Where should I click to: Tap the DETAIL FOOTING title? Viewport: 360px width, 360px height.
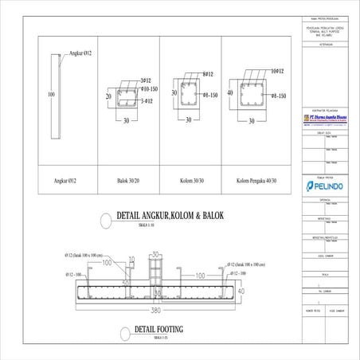[159, 328]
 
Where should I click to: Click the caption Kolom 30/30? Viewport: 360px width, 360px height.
[188, 182]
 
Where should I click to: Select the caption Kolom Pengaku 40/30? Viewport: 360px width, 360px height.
[256, 182]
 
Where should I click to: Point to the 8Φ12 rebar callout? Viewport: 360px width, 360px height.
[211, 73]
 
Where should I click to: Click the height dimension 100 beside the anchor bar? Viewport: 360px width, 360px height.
[51, 94]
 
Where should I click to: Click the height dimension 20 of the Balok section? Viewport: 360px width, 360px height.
[108, 95]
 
